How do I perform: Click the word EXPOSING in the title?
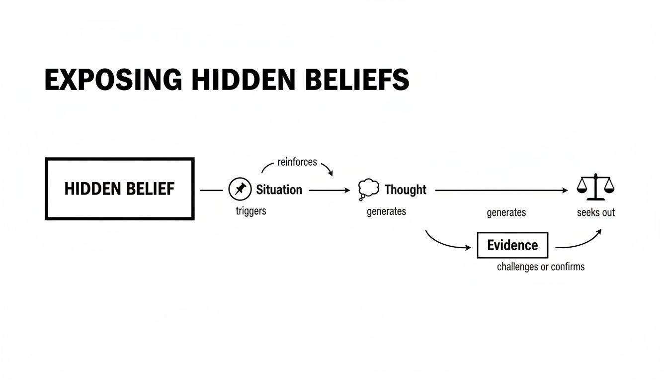[113, 80]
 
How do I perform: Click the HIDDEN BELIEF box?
[119, 189]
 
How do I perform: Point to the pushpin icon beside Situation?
[240, 190]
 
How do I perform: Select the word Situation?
[279, 190]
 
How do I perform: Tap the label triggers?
[251, 211]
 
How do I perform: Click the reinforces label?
[297, 162]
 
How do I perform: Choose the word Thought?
[406, 190]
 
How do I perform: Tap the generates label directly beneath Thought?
[386, 211]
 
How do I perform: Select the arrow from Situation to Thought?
[329, 190]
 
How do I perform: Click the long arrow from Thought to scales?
[501, 190]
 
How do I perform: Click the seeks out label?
[596, 212]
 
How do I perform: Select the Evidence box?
[512, 245]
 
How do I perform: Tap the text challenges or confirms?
[541, 267]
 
